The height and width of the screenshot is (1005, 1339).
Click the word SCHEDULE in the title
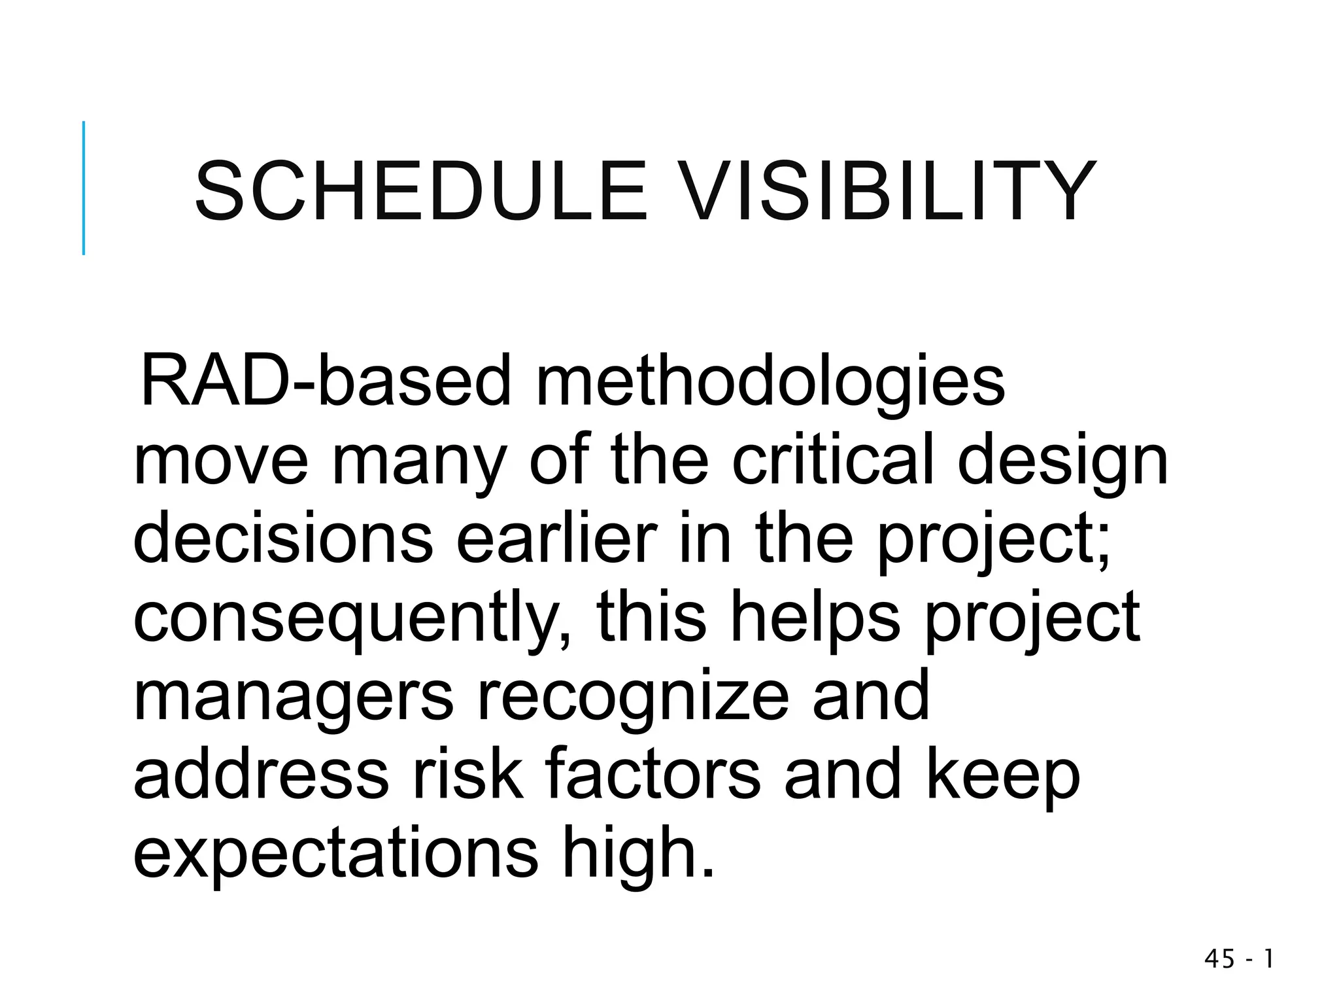(420, 192)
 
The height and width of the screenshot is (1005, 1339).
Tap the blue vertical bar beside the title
(84, 188)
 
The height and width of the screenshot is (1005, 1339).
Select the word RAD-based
(325, 381)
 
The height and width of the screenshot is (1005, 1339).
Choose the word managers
(293, 697)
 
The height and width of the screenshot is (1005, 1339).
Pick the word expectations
(335, 855)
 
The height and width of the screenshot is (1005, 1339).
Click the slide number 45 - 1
(1238, 959)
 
